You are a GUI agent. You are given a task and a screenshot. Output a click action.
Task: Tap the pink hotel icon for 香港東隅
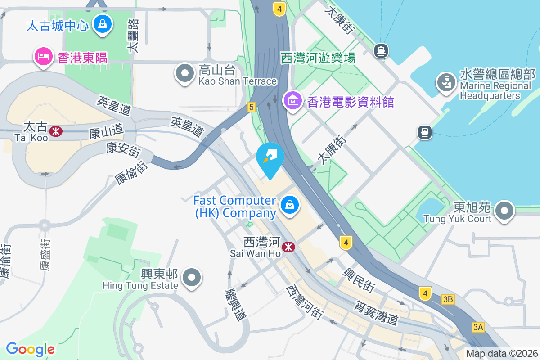[x=43, y=57]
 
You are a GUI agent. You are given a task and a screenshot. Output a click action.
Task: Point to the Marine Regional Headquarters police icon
[x=445, y=84]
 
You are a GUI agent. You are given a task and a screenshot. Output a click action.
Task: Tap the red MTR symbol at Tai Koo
[x=56, y=131]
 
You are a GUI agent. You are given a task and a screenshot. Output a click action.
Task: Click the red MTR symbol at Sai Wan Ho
[x=288, y=247]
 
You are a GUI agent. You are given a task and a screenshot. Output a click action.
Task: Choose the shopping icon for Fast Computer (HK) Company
[x=290, y=206]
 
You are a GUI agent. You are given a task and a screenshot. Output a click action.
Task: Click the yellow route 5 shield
[x=251, y=107]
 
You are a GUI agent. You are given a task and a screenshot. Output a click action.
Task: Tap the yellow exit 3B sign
[x=448, y=299]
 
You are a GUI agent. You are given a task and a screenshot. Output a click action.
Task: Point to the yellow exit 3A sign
[x=478, y=327]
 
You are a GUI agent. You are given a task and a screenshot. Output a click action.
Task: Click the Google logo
[x=30, y=349]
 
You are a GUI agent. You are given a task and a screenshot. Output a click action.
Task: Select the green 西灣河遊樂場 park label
[x=318, y=58]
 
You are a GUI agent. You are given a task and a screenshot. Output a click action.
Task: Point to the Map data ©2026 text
[x=502, y=353]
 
